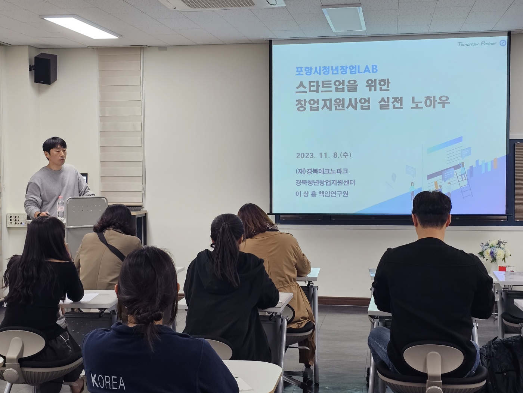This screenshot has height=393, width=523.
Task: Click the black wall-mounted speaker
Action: click(45, 69)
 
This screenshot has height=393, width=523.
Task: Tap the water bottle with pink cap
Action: click(61, 207)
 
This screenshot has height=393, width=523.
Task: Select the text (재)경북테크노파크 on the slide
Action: click(322, 171)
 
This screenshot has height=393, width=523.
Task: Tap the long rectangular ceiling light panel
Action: click(81, 27)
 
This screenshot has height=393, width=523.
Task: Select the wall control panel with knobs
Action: click(16, 220)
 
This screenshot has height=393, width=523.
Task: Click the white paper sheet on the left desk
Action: click(88, 297)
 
